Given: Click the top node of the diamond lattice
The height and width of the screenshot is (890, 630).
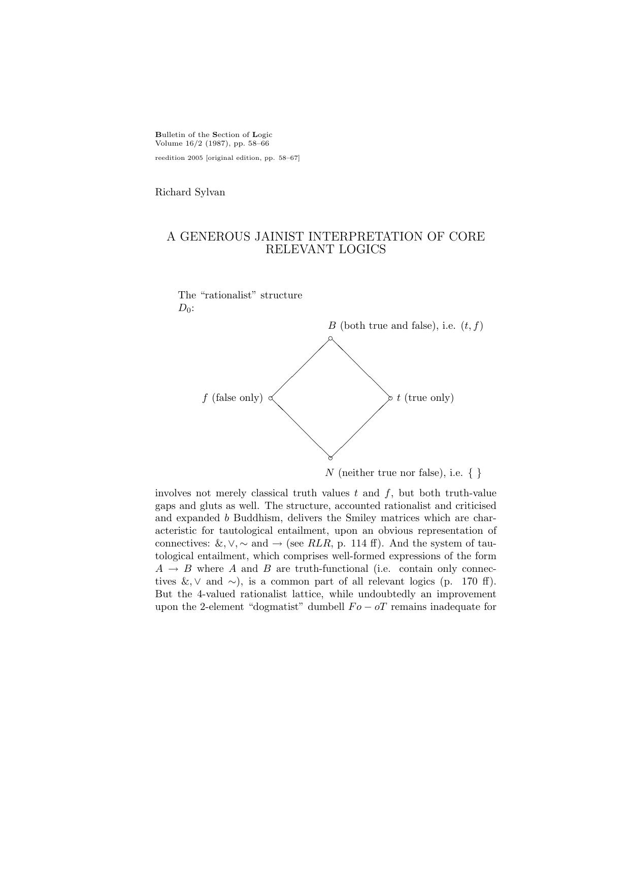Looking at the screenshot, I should tap(330, 338).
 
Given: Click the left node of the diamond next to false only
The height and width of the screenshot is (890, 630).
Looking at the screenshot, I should tap(271, 398).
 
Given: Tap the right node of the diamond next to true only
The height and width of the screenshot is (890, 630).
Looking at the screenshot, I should tap(390, 398).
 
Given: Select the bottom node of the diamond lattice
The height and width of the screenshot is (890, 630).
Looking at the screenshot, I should tap(331, 457).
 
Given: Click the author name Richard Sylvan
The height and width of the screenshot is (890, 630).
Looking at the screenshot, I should tap(190, 192).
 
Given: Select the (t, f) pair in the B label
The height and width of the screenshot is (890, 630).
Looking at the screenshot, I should tap(472, 326).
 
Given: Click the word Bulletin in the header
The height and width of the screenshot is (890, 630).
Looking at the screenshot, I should tap(169, 135).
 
